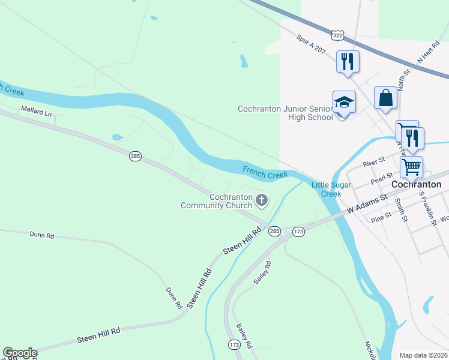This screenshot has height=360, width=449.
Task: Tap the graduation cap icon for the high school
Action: pyautogui.click(x=344, y=102)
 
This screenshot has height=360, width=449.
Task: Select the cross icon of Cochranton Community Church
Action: pyautogui.click(x=262, y=199)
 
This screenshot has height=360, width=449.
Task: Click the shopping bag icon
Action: pyautogui.click(x=385, y=98)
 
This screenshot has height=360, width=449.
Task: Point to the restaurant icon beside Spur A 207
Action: pyautogui.click(x=348, y=61)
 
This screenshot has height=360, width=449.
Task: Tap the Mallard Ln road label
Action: pyautogui.click(x=37, y=111)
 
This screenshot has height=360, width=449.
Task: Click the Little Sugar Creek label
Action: pyautogui.click(x=331, y=189)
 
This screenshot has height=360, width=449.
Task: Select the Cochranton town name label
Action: pyautogui.click(x=417, y=185)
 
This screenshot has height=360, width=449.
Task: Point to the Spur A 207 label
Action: pyautogui.click(x=311, y=44)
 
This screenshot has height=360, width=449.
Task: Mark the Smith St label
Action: pyautogui.click(x=400, y=211)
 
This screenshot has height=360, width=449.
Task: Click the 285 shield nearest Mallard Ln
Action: pyautogui.click(x=135, y=156)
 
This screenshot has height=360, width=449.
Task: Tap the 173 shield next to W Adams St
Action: pyautogui.click(x=299, y=231)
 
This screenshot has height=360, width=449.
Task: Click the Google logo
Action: pyautogui.click(x=20, y=353)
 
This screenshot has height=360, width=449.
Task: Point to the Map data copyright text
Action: pyautogui.click(x=423, y=355)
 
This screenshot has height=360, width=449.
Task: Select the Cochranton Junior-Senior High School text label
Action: pyautogui.click(x=285, y=113)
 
